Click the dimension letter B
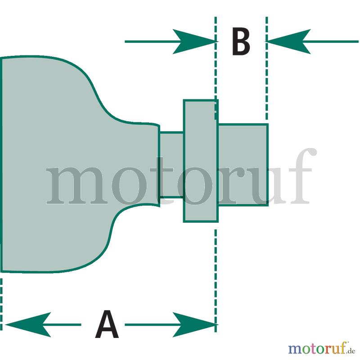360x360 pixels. click(x=241, y=41)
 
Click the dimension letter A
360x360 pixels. click(x=107, y=324)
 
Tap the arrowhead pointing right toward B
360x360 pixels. click(x=195, y=41)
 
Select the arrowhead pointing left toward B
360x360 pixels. click(x=288, y=41)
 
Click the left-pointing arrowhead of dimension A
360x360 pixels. click(x=27, y=324)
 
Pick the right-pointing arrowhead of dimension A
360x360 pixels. click(x=195, y=324)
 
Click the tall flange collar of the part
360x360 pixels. click(x=201, y=161)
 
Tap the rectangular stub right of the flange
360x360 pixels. click(x=243, y=165)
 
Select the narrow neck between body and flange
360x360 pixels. click(x=171, y=165)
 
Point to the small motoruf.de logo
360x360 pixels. click(x=321, y=348)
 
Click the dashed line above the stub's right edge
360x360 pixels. click(x=266, y=68)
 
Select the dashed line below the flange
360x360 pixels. click(x=216, y=280)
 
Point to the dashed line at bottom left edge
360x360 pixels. click(x=1, y=305)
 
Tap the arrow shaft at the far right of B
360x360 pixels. click(x=331, y=41)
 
